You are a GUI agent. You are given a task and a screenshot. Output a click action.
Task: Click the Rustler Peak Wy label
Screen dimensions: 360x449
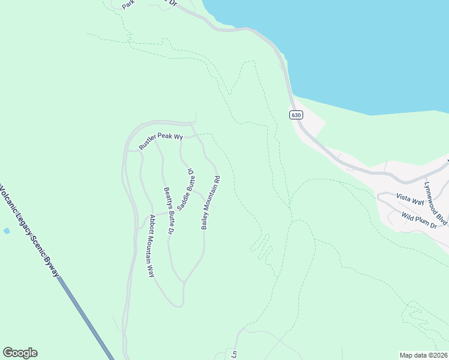(160, 140)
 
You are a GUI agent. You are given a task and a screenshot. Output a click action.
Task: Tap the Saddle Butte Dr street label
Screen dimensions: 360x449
(187, 187)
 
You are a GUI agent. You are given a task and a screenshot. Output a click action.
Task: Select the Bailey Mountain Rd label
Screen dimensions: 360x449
(211, 203)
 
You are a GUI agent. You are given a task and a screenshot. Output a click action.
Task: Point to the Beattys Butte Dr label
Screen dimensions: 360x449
(169, 211)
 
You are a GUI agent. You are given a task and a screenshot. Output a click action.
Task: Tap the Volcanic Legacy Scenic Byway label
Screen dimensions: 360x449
(29, 230)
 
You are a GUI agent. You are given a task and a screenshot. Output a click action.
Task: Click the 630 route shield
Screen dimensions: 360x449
(296, 115)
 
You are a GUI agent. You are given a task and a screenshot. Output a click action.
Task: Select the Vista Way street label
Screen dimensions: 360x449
(410, 199)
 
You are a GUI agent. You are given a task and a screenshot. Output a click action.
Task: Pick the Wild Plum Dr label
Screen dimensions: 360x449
(418, 219)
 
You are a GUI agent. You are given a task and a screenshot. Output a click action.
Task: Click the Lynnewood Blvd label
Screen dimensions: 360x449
(435, 203)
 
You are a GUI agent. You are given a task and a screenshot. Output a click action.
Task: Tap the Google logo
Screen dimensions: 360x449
(20, 353)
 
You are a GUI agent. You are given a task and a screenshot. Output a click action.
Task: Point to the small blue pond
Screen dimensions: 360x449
(7, 230)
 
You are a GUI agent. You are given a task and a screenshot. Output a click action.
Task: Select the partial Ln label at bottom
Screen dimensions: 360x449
(235, 354)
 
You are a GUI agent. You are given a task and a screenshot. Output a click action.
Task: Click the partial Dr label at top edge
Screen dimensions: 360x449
(173, 3)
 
